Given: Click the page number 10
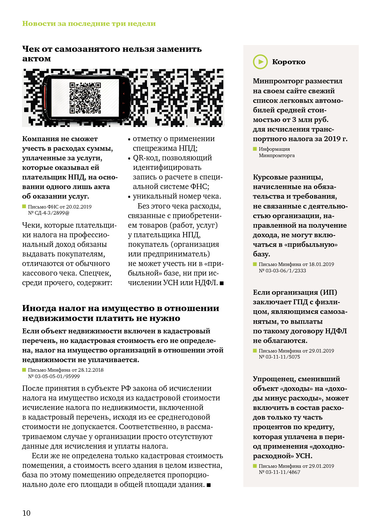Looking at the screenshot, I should click(x=26, y=513).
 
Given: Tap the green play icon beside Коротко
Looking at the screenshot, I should click(x=260, y=62).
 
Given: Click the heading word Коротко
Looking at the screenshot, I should click(x=288, y=62).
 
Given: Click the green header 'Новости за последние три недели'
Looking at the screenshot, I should click(x=89, y=23).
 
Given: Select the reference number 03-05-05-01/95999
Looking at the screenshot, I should click(x=57, y=376).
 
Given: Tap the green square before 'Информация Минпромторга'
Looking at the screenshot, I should click(x=255, y=149).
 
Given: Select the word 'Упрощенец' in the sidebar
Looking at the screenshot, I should click(x=273, y=379).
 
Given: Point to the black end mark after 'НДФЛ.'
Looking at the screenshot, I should click(x=222, y=283).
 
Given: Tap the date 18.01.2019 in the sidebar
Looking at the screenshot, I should click(x=321, y=264).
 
